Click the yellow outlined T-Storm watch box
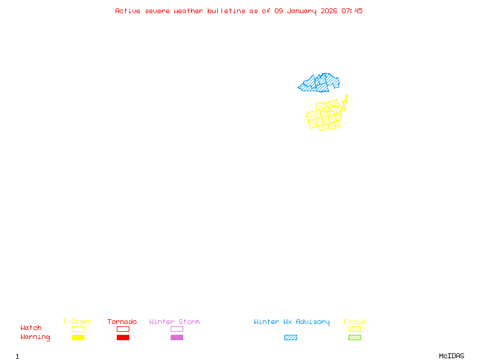[78, 329]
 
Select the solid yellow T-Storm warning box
[78, 338]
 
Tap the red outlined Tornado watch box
[123, 329]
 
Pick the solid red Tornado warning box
[123, 338]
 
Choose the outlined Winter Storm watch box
[177, 329]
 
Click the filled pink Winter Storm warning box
[177, 338]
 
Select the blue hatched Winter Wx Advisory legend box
[290, 338]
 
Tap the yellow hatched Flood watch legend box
[354, 329]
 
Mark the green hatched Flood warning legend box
[354, 338]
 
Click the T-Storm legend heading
[77, 322]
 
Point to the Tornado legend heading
[122, 322]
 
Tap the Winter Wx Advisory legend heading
[292, 322]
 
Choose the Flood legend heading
[354, 322]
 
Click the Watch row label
[31, 328]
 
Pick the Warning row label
[35, 337]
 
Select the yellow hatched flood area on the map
[324, 116]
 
